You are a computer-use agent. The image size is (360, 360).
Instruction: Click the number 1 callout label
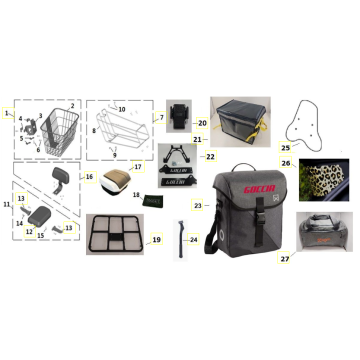click(7, 113)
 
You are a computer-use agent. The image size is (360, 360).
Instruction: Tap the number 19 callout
click(155, 240)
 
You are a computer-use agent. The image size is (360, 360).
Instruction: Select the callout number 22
click(209, 156)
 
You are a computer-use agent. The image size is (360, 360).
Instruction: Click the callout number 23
click(196, 205)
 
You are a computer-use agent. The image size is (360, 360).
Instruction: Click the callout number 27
click(284, 257)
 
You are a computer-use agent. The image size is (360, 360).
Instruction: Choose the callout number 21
click(198, 139)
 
